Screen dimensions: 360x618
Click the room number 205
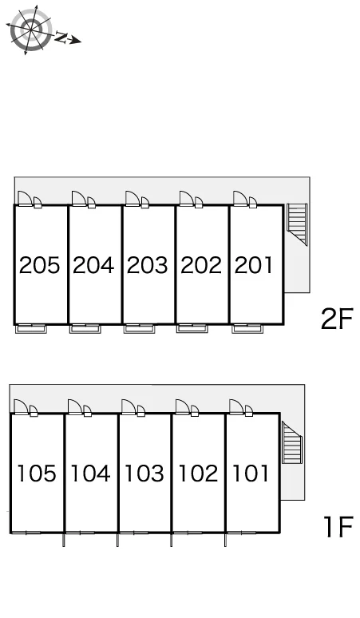[x=39, y=265]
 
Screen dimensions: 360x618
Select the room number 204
[x=93, y=265]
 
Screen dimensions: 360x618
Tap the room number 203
[x=148, y=265]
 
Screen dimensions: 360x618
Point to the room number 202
[x=201, y=265]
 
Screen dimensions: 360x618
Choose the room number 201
[x=254, y=265]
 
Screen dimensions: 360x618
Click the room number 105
[x=36, y=473]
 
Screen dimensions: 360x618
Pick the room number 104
[x=90, y=473]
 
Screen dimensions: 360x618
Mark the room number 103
[x=144, y=473]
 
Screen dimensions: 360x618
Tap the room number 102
[x=198, y=473]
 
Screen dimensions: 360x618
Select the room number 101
[x=251, y=473]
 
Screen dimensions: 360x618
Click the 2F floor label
[x=336, y=319]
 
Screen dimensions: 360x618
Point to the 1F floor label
[x=338, y=527]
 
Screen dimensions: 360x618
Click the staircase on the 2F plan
[x=297, y=224]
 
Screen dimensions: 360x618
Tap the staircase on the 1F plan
[x=292, y=442]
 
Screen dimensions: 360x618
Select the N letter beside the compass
[x=61, y=38]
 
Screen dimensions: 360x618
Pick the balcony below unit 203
[x=139, y=329]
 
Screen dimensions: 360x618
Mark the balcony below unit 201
[x=247, y=329]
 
